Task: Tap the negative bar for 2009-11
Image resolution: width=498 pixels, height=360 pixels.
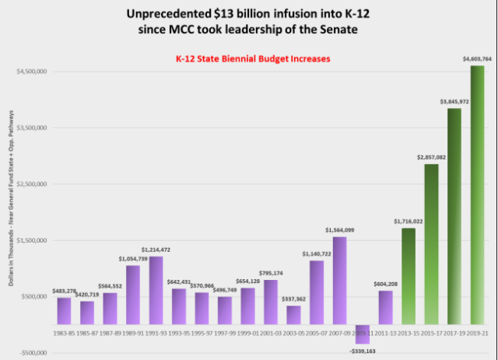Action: pos(363,334)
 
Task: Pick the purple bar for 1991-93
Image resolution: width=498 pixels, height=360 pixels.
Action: pos(156,290)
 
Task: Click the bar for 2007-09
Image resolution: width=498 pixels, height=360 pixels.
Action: pos(340,280)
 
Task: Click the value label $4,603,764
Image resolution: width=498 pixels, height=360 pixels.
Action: pos(476,58)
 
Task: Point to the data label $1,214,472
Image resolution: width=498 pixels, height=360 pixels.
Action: pos(156,250)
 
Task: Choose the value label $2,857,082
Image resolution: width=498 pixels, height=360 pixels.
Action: pos(430,157)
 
